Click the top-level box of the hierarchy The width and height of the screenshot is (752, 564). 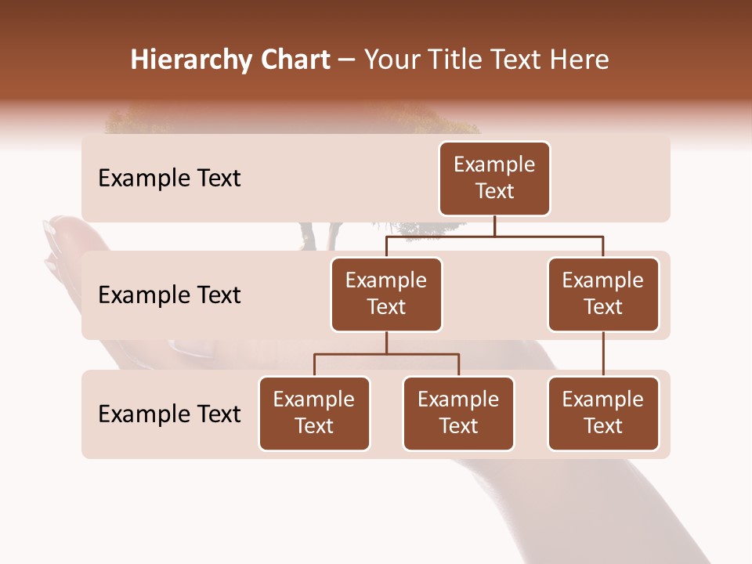pyautogui.click(x=494, y=178)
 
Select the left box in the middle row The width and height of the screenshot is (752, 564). pyautogui.click(x=386, y=294)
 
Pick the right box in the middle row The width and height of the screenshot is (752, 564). pyautogui.click(x=603, y=294)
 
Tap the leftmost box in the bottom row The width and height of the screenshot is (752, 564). pyautogui.click(x=314, y=413)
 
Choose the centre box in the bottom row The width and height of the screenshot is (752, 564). pyautogui.click(x=458, y=413)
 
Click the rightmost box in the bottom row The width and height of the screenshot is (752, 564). pyautogui.click(x=603, y=413)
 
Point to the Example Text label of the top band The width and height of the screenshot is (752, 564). pyautogui.click(x=169, y=179)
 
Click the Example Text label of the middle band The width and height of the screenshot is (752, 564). pyautogui.click(x=169, y=295)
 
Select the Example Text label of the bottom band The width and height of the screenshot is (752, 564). pyautogui.click(x=169, y=414)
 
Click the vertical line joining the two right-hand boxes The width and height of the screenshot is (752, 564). pyautogui.click(x=603, y=354)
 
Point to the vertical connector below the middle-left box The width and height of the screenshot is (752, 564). pyautogui.click(x=386, y=342)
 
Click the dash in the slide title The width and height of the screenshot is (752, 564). pyautogui.click(x=347, y=61)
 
